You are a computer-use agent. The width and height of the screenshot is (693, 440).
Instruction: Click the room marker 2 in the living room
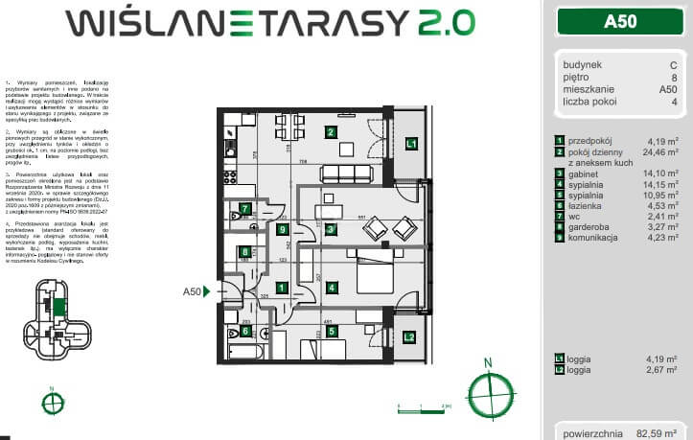[330, 132]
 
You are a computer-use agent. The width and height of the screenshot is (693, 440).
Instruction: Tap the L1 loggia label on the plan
[410, 144]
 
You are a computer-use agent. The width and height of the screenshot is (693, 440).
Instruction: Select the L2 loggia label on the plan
[408, 336]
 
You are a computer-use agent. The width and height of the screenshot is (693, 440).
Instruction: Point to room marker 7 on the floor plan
[245, 208]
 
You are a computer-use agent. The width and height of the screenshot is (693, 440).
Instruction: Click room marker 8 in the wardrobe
[245, 252]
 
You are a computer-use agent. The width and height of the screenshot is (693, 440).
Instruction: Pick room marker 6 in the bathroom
[245, 332]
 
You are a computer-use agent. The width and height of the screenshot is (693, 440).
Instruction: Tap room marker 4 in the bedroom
[330, 287]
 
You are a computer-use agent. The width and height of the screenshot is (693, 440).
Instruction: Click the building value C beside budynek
[673, 65]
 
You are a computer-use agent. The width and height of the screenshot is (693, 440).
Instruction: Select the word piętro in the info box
[577, 77]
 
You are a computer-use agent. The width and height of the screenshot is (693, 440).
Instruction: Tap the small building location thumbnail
[52, 313]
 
